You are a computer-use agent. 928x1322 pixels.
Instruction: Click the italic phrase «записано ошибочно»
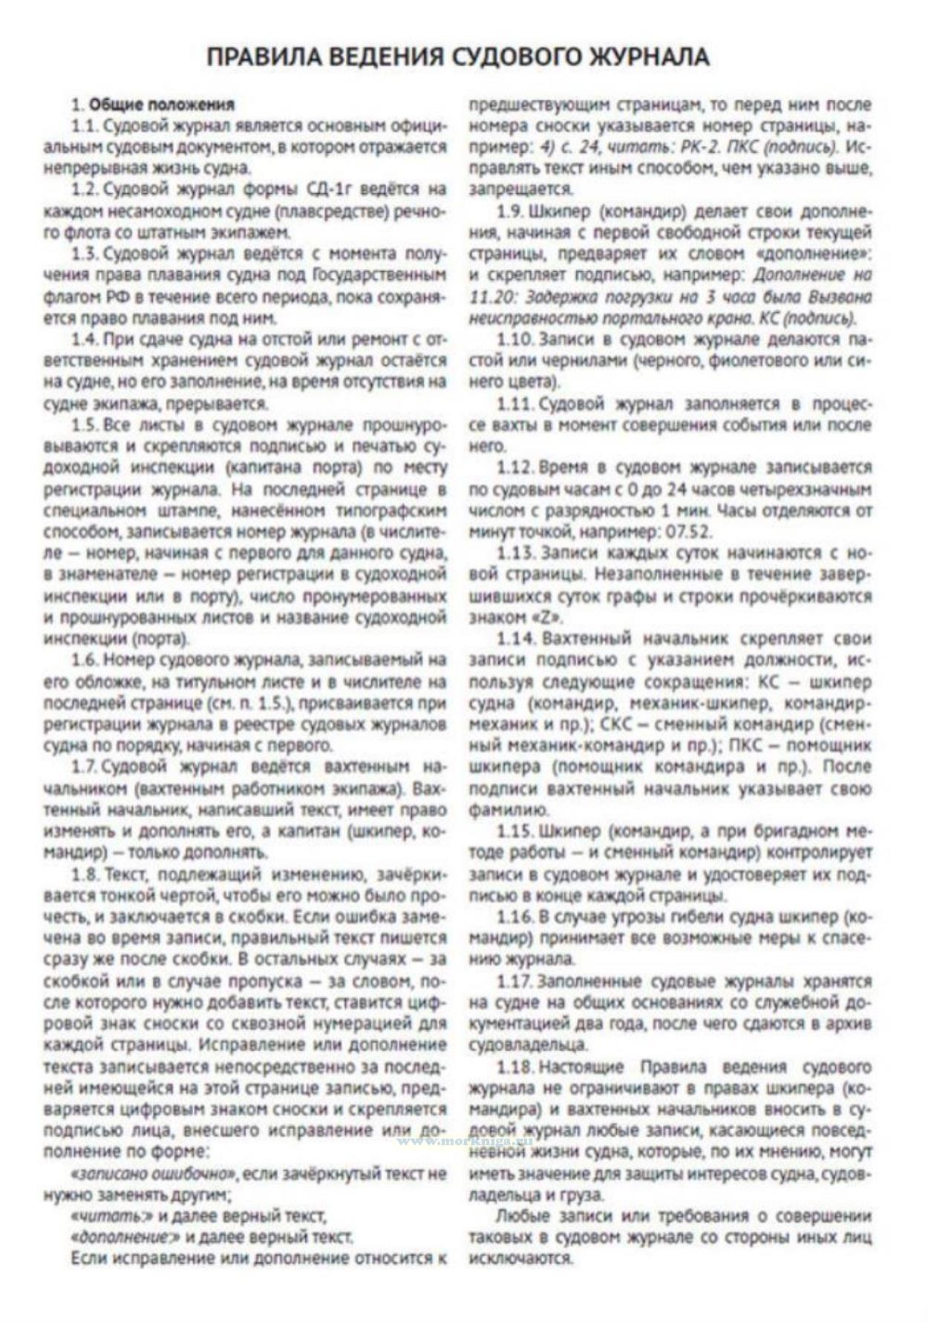154,1174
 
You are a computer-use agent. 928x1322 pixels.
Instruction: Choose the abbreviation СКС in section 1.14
618,723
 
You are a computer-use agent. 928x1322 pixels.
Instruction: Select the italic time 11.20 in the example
491,296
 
